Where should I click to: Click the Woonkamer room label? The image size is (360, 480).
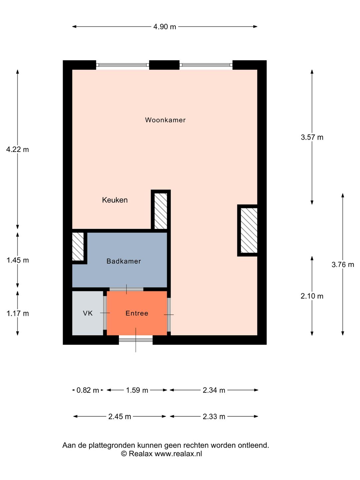coord(165,120)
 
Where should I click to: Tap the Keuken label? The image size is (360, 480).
coord(115,200)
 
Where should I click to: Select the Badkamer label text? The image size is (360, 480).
coord(124,261)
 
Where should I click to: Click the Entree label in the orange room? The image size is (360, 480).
coord(137,313)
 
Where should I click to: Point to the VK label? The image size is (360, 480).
coord(88,313)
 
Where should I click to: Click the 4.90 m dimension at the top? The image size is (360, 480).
coord(165,27)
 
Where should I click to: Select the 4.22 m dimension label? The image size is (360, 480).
coord(18,150)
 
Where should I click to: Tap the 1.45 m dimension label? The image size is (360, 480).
coord(18,260)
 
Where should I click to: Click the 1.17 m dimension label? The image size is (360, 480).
coord(18,314)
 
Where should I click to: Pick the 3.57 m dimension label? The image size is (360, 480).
coord(312,137)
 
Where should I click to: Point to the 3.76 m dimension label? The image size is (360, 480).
coord(343,265)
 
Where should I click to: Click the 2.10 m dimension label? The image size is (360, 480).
coord(312,296)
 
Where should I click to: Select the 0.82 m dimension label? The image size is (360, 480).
coord(88,390)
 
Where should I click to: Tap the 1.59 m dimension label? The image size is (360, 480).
coord(137,390)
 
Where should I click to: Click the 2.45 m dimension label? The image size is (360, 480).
coord(120,417)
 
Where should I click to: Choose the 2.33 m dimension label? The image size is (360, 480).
coord(214,417)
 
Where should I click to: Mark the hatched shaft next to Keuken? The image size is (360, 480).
coord(161,211)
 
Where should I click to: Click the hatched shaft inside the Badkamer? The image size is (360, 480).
coord(78,247)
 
